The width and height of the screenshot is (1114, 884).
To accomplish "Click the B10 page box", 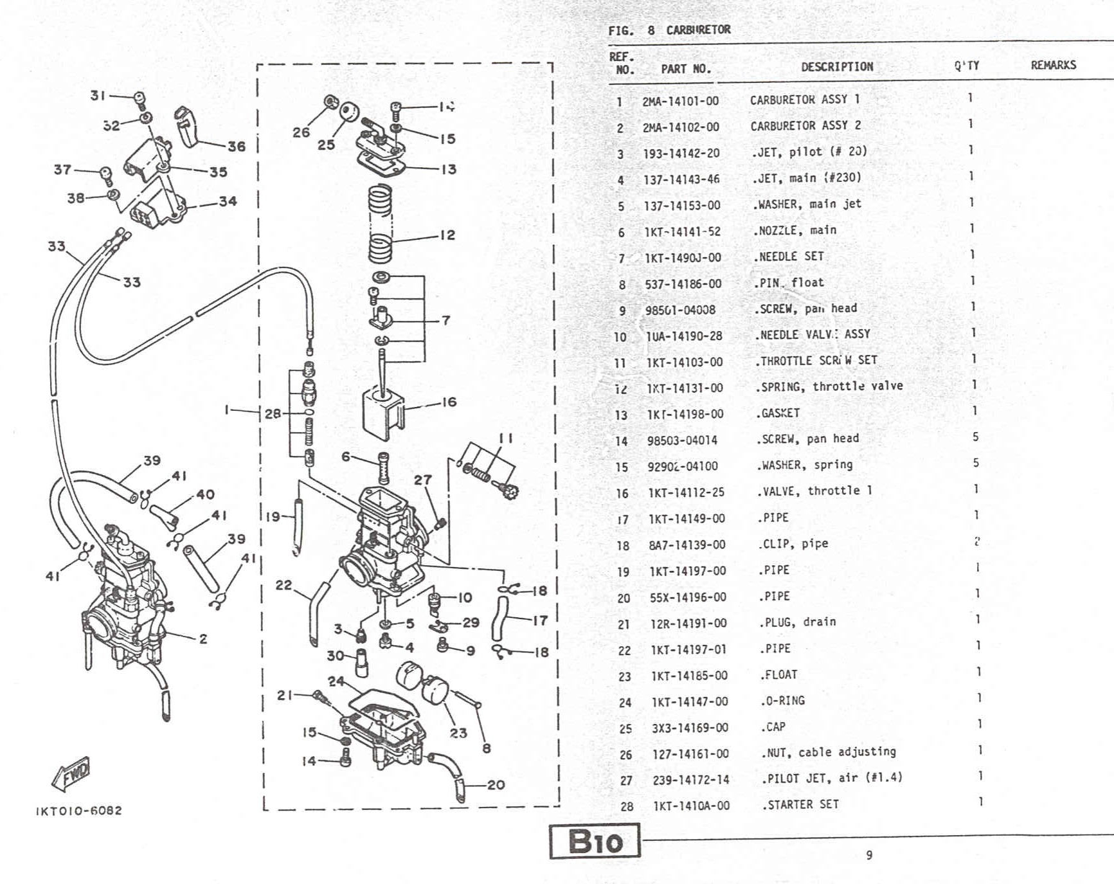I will point(595,841).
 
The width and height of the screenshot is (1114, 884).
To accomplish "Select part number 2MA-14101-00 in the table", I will point(680,101).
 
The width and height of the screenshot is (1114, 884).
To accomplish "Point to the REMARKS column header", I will point(1053,65).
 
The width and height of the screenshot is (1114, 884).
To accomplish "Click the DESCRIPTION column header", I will point(836,66).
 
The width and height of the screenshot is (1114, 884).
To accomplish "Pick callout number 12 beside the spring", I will point(447,235).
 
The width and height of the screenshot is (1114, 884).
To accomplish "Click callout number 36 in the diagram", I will point(237,147).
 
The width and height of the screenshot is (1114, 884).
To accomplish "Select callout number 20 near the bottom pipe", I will point(496,784).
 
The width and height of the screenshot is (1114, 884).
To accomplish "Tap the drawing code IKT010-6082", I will point(79,811).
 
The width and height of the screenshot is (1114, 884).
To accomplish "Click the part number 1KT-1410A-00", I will point(691,806).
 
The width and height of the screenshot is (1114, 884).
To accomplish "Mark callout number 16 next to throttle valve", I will point(449,402).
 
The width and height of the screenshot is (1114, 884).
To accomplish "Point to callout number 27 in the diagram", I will point(422,480).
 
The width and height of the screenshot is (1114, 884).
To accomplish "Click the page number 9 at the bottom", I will point(869,855).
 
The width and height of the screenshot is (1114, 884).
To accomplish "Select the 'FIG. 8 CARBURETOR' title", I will point(669,30).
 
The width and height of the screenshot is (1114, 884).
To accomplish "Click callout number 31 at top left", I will point(98,95).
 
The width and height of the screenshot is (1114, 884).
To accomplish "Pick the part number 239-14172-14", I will point(691,779).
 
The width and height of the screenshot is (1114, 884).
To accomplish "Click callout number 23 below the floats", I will point(458,733).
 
